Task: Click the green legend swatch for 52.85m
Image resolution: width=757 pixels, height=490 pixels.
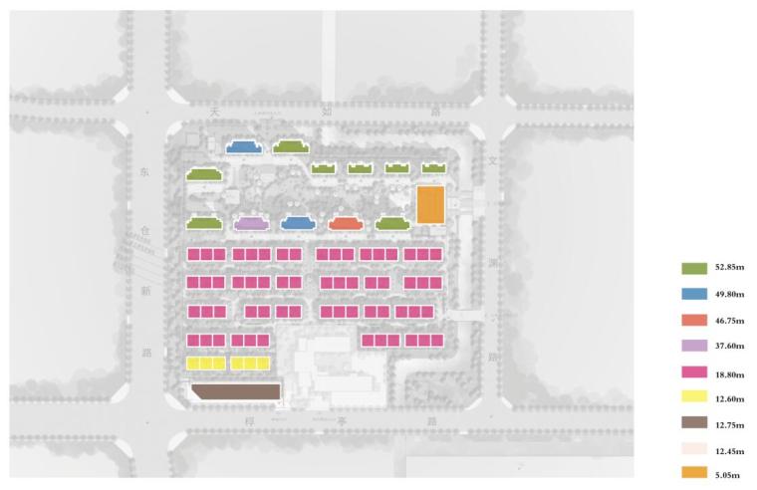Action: click(x=694, y=269)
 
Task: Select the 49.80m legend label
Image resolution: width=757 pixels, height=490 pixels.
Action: click(x=729, y=295)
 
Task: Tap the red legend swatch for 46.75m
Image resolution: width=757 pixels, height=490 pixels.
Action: click(x=694, y=321)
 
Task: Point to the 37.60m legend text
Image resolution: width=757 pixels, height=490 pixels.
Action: click(x=729, y=347)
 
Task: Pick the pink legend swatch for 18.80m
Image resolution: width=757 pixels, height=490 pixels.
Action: click(x=694, y=372)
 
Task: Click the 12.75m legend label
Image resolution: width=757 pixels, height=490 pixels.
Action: click(x=729, y=423)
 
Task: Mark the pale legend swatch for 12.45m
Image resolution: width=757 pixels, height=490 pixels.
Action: click(x=694, y=449)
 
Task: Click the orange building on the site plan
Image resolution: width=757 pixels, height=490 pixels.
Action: click(x=430, y=204)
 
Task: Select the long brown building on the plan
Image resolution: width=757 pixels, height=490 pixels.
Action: click(x=235, y=391)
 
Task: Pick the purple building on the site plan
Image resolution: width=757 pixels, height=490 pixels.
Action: click(x=251, y=224)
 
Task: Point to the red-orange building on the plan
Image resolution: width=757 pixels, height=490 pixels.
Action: click(x=345, y=224)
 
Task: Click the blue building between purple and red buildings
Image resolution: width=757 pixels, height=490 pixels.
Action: click(x=298, y=224)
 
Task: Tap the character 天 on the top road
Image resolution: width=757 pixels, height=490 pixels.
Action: click(x=213, y=113)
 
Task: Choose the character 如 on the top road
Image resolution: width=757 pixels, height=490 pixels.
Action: click(x=326, y=112)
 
